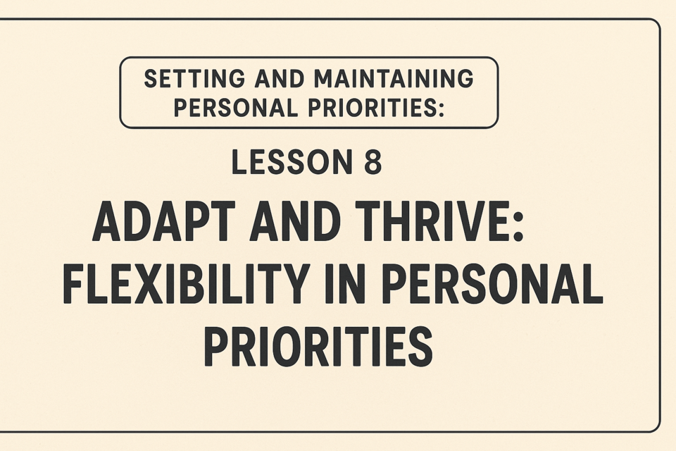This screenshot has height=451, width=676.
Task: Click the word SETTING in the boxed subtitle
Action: coord(194,78)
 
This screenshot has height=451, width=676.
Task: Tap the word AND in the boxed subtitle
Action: coord(279,78)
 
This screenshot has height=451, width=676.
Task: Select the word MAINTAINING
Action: coord(393,78)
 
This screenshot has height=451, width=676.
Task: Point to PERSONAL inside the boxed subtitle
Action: coord(236,107)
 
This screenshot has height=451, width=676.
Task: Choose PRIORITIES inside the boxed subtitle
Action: coord(370,107)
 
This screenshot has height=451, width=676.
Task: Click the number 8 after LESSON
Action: coord(372,162)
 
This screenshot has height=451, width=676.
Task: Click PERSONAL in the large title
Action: coord(493,283)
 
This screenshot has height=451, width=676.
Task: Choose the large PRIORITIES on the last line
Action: coord(318,347)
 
